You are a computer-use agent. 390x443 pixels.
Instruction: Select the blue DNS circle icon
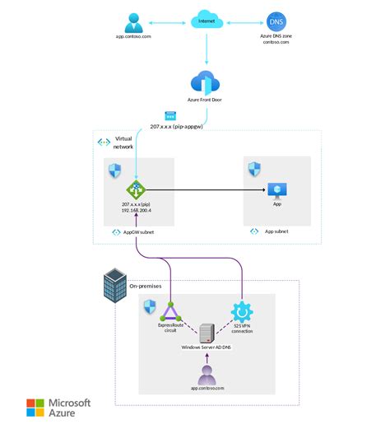point(275,20)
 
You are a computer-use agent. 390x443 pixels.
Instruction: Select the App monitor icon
point(277,189)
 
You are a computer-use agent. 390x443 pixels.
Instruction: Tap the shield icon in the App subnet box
point(255,170)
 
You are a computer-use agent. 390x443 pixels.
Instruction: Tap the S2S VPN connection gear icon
point(242,312)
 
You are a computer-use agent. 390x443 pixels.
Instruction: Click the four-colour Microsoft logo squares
point(36,409)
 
